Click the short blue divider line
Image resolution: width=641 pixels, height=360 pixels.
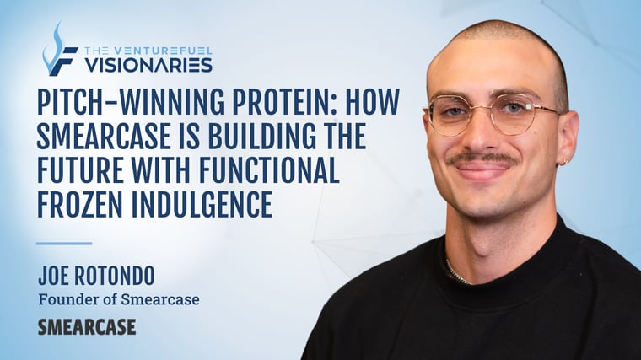click(63, 244)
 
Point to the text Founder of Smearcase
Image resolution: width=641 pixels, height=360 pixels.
click(118, 298)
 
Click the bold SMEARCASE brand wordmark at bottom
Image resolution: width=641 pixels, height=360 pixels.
click(86, 327)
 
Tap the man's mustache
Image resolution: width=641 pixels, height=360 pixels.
click(482, 158)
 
